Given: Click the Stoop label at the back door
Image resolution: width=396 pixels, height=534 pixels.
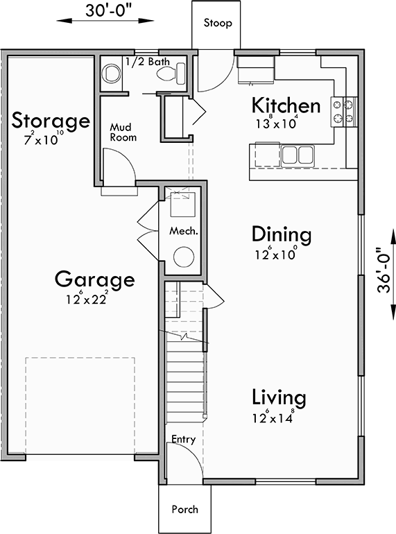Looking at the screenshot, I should pyautogui.click(x=217, y=24).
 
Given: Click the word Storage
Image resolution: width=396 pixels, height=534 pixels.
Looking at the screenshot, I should pyautogui.click(x=51, y=121).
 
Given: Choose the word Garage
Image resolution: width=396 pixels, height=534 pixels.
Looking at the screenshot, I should pyautogui.click(x=94, y=280).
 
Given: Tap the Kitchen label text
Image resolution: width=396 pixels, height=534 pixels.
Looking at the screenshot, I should pyautogui.click(x=286, y=106).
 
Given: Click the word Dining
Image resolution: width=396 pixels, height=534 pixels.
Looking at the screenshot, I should pyautogui.click(x=281, y=234).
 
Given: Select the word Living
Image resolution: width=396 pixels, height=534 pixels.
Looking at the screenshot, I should pyautogui.click(x=278, y=399).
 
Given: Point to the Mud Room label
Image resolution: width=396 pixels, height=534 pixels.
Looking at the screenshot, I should pyautogui.click(x=123, y=132).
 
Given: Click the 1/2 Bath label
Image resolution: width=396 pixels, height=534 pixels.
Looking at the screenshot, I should pyautogui.click(x=148, y=62).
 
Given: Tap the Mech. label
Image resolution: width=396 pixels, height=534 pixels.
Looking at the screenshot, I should pyautogui.click(x=184, y=231).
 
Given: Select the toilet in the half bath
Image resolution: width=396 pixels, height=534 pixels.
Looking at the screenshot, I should pyautogui.click(x=110, y=72).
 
